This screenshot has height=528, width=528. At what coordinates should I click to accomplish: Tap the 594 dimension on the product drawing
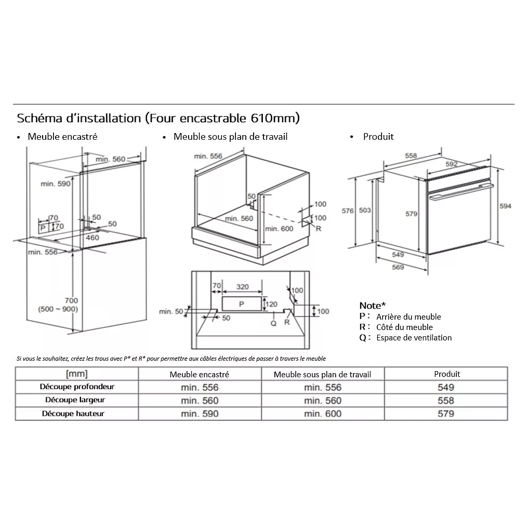pyautogui.click(x=505, y=206)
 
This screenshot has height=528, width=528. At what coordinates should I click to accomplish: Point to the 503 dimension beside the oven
pyautogui.click(x=365, y=210)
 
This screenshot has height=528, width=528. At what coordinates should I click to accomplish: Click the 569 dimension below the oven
pyautogui.click(x=398, y=267)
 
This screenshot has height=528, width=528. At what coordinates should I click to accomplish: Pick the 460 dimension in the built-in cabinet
pyautogui.click(x=92, y=237)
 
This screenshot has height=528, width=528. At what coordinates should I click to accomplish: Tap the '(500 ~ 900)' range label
pyautogui.click(x=57, y=309)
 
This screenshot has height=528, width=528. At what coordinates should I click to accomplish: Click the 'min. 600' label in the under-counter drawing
pyautogui.click(x=279, y=229)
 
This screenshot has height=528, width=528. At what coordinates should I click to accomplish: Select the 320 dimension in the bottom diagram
pyautogui.click(x=242, y=286)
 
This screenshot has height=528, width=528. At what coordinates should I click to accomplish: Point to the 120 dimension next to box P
pyautogui.click(x=271, y=304)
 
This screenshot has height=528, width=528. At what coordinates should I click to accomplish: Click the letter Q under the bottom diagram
pyautogui.click(x=274, y=323)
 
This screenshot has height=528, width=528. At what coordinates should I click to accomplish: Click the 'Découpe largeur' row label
pyautogui.click(x=75, y=400)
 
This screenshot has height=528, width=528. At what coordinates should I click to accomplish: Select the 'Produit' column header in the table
pyautogui.click(x=446, y=374)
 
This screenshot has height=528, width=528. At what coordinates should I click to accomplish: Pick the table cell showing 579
pyautogui.click(x=445, y=414)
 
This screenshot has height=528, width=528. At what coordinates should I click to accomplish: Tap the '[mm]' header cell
pyautogui.click(x=76, y=374)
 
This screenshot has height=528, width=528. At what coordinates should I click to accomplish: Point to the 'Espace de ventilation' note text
pyautogui.click(x=414, y=338)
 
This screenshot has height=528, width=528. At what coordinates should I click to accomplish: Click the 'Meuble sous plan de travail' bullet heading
pyautogui.click(x=230, y=137)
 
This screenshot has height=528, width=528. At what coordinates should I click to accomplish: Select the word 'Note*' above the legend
pyautogui.click(x=373, y=306)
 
